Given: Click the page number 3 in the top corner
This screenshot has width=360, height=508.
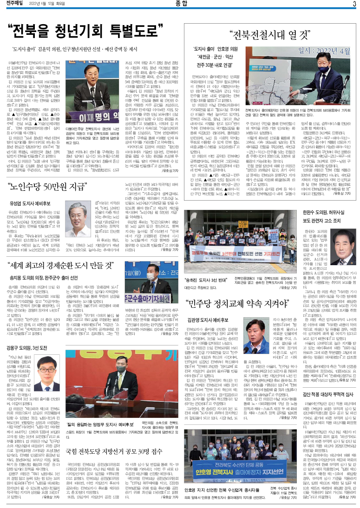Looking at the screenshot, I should pos(354,5).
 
